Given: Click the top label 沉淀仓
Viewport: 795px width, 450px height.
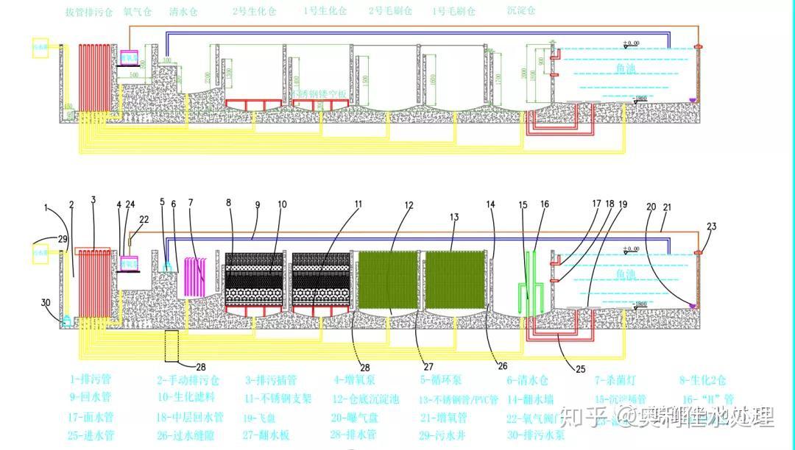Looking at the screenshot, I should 521,11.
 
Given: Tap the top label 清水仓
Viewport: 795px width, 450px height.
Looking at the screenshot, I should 183,12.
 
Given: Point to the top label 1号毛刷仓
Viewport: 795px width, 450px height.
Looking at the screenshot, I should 453,11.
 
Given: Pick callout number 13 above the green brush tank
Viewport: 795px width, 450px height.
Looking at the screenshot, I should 454,217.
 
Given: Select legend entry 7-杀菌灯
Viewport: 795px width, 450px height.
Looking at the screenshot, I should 616,380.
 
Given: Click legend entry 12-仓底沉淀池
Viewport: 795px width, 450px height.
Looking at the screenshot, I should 366,399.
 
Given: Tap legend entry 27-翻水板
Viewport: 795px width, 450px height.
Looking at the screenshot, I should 266,435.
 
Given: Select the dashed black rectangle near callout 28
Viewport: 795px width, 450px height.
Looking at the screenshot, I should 172,346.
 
